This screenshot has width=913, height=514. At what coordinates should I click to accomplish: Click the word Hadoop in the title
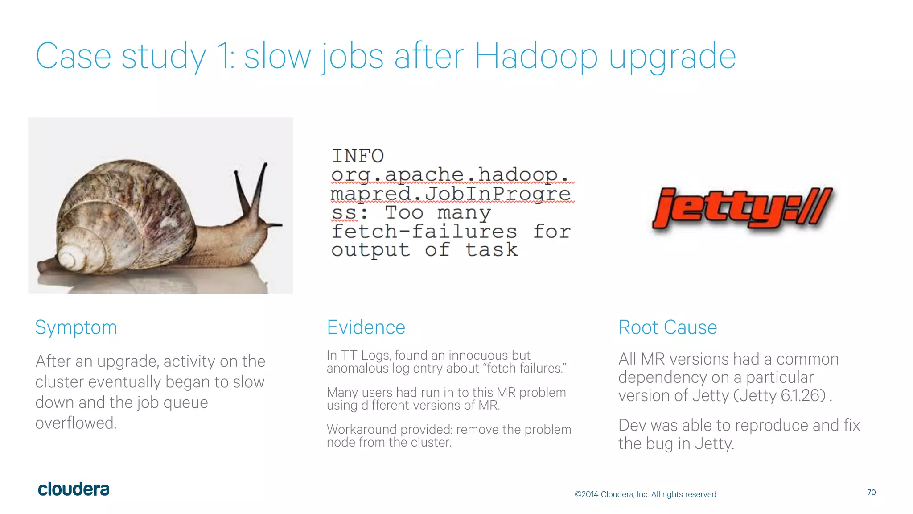[x=536, y=56]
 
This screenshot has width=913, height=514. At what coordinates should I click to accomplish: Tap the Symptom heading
[x=76, y=327]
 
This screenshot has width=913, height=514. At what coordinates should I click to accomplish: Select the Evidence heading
[x=366, y=327]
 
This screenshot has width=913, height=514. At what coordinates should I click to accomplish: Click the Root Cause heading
[x=667, y=327]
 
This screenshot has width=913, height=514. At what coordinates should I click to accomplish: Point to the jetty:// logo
[x=742, y=208]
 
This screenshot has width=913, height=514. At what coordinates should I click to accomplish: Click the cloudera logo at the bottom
[x=74, y=489]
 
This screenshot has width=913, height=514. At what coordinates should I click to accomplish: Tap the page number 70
[x=871, y=492]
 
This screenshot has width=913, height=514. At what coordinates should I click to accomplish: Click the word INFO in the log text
[x=358, y=156]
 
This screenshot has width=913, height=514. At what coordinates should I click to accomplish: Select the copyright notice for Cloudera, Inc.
[x=646, y=494]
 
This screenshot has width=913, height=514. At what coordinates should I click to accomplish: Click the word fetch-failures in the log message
[x=424, y=232]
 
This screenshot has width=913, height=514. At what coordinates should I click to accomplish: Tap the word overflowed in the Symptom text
[x=76, y=423]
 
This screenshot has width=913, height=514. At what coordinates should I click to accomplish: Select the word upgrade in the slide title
[x=672, y=57]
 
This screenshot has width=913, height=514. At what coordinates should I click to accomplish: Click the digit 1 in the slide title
[x=223, y=56]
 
